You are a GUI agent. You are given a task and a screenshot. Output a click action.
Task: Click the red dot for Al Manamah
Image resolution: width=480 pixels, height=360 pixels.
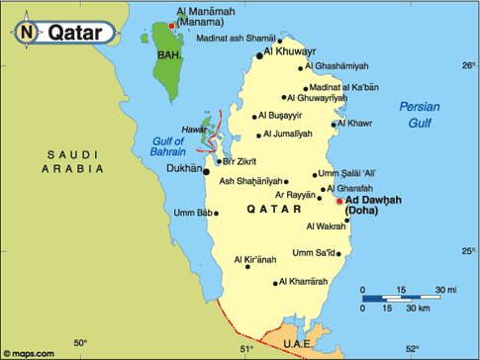click(171, 26)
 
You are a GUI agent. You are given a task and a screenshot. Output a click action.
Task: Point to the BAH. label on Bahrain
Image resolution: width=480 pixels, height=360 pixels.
click(169, 56)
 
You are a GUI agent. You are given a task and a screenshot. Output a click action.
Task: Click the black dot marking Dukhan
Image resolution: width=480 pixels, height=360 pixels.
click(207, 171)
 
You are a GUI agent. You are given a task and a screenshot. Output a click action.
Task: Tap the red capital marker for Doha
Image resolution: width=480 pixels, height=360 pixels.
click(339, 200)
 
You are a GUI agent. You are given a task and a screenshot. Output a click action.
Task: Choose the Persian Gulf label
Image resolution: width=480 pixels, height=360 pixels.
click(421, 114)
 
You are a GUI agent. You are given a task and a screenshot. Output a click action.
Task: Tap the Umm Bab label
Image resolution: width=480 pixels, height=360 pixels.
click(193, 213)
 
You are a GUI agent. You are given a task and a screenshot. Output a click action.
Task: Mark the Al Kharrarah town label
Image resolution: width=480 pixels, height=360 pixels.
click(303, 282)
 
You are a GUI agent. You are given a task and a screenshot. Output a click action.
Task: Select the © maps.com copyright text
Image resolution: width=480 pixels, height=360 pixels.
click(30, 351)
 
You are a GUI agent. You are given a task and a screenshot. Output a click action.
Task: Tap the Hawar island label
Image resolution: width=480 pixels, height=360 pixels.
click(194, 130)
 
